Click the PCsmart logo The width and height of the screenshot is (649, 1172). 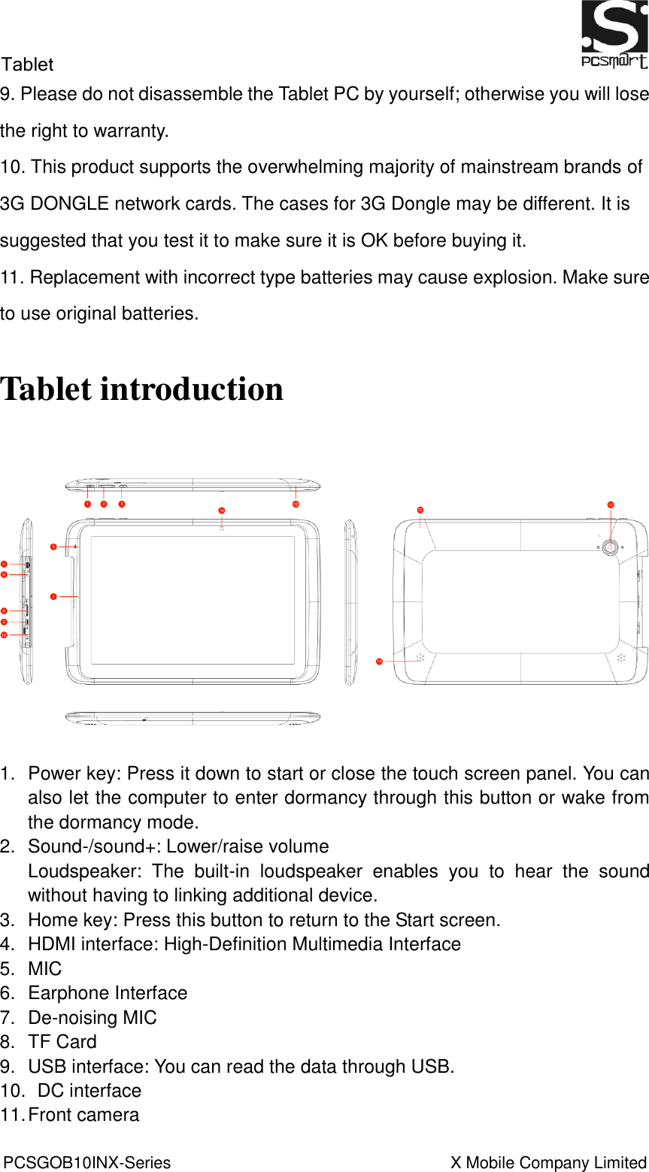tap(614, 35)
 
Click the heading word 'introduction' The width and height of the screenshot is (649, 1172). tap(192, 389)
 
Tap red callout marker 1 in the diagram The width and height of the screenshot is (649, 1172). tap(88, 504)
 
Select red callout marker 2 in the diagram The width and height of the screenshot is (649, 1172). tap(104, 504)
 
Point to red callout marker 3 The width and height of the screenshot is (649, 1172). tap(122, 504)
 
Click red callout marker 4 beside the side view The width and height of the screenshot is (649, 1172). tap(5, 564)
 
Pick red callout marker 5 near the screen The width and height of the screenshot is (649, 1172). tap(53, 547)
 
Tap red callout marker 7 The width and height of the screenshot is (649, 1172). tap(53, 596)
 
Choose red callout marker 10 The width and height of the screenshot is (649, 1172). tap(5, 635)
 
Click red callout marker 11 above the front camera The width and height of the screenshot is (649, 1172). tap(222, 510)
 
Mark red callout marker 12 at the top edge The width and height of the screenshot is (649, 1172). tap(296, 504)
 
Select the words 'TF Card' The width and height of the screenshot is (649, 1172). tap(62, 1042)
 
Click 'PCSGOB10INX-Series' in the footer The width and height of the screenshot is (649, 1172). tap(87, 1162)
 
